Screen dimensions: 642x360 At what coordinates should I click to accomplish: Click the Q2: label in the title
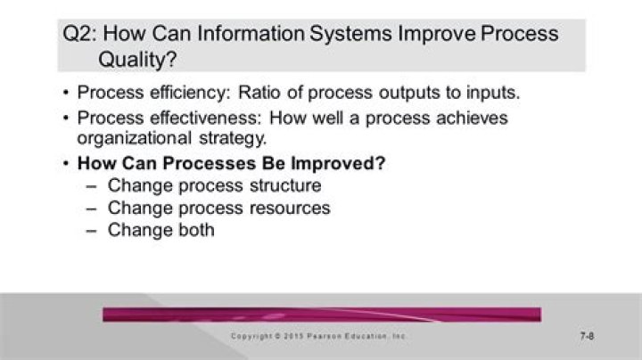(x=80, y=34)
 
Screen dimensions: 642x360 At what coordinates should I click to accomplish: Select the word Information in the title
(x=251, y=33)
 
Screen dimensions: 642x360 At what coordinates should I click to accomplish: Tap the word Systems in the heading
(x=350, y=34)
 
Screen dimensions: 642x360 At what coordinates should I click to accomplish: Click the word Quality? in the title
(x=137, y=60)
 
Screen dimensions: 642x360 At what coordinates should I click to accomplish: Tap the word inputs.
(x=493, y=93)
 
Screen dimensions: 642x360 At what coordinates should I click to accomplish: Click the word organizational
(x=135, y=138)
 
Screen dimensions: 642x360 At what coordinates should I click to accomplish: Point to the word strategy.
(x=233, y=138)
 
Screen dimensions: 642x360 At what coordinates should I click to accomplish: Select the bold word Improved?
(x=338, y=163)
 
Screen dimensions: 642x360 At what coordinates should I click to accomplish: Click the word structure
(x=285, y=185)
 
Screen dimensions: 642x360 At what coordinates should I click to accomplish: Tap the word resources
(x=290, y=209)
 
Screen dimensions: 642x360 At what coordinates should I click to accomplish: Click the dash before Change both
(x=92, y=231)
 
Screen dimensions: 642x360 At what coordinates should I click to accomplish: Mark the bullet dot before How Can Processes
(x=66, y=164)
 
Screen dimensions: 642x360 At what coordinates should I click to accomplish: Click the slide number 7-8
(x=587, y=336)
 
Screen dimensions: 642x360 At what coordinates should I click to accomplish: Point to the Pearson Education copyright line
(x=318, y=336)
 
